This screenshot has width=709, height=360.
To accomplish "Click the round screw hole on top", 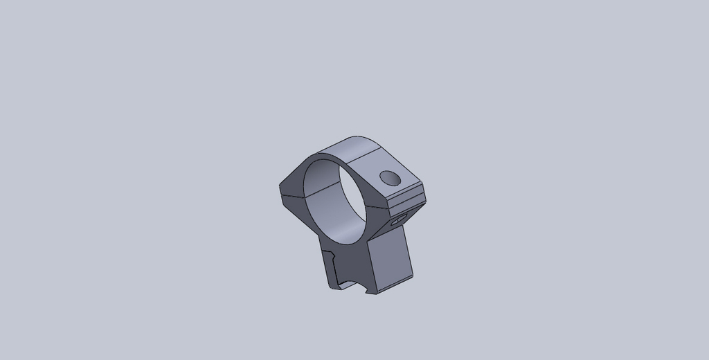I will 391,179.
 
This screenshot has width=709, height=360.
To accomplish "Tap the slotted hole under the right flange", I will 397,222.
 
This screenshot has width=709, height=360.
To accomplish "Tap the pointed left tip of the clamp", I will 280,187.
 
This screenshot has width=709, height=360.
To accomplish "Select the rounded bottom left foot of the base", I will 329,285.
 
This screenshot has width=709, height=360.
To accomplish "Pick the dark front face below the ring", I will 346,260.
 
